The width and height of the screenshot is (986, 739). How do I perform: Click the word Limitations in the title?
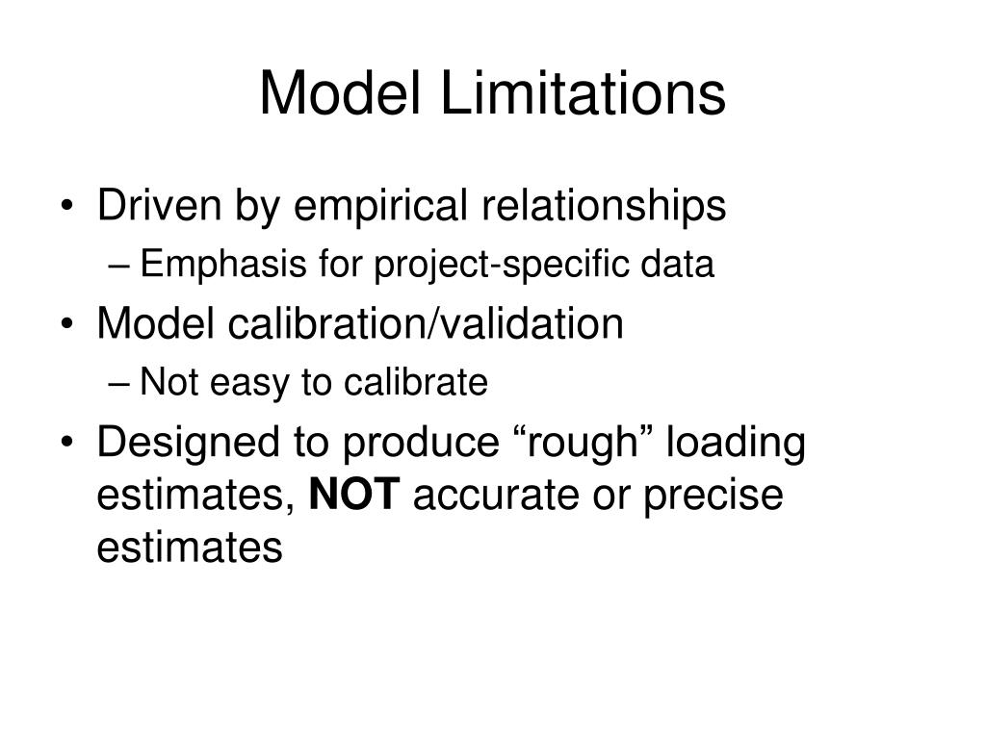click(584, 94)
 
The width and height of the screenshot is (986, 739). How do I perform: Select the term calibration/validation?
click(427, 324)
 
